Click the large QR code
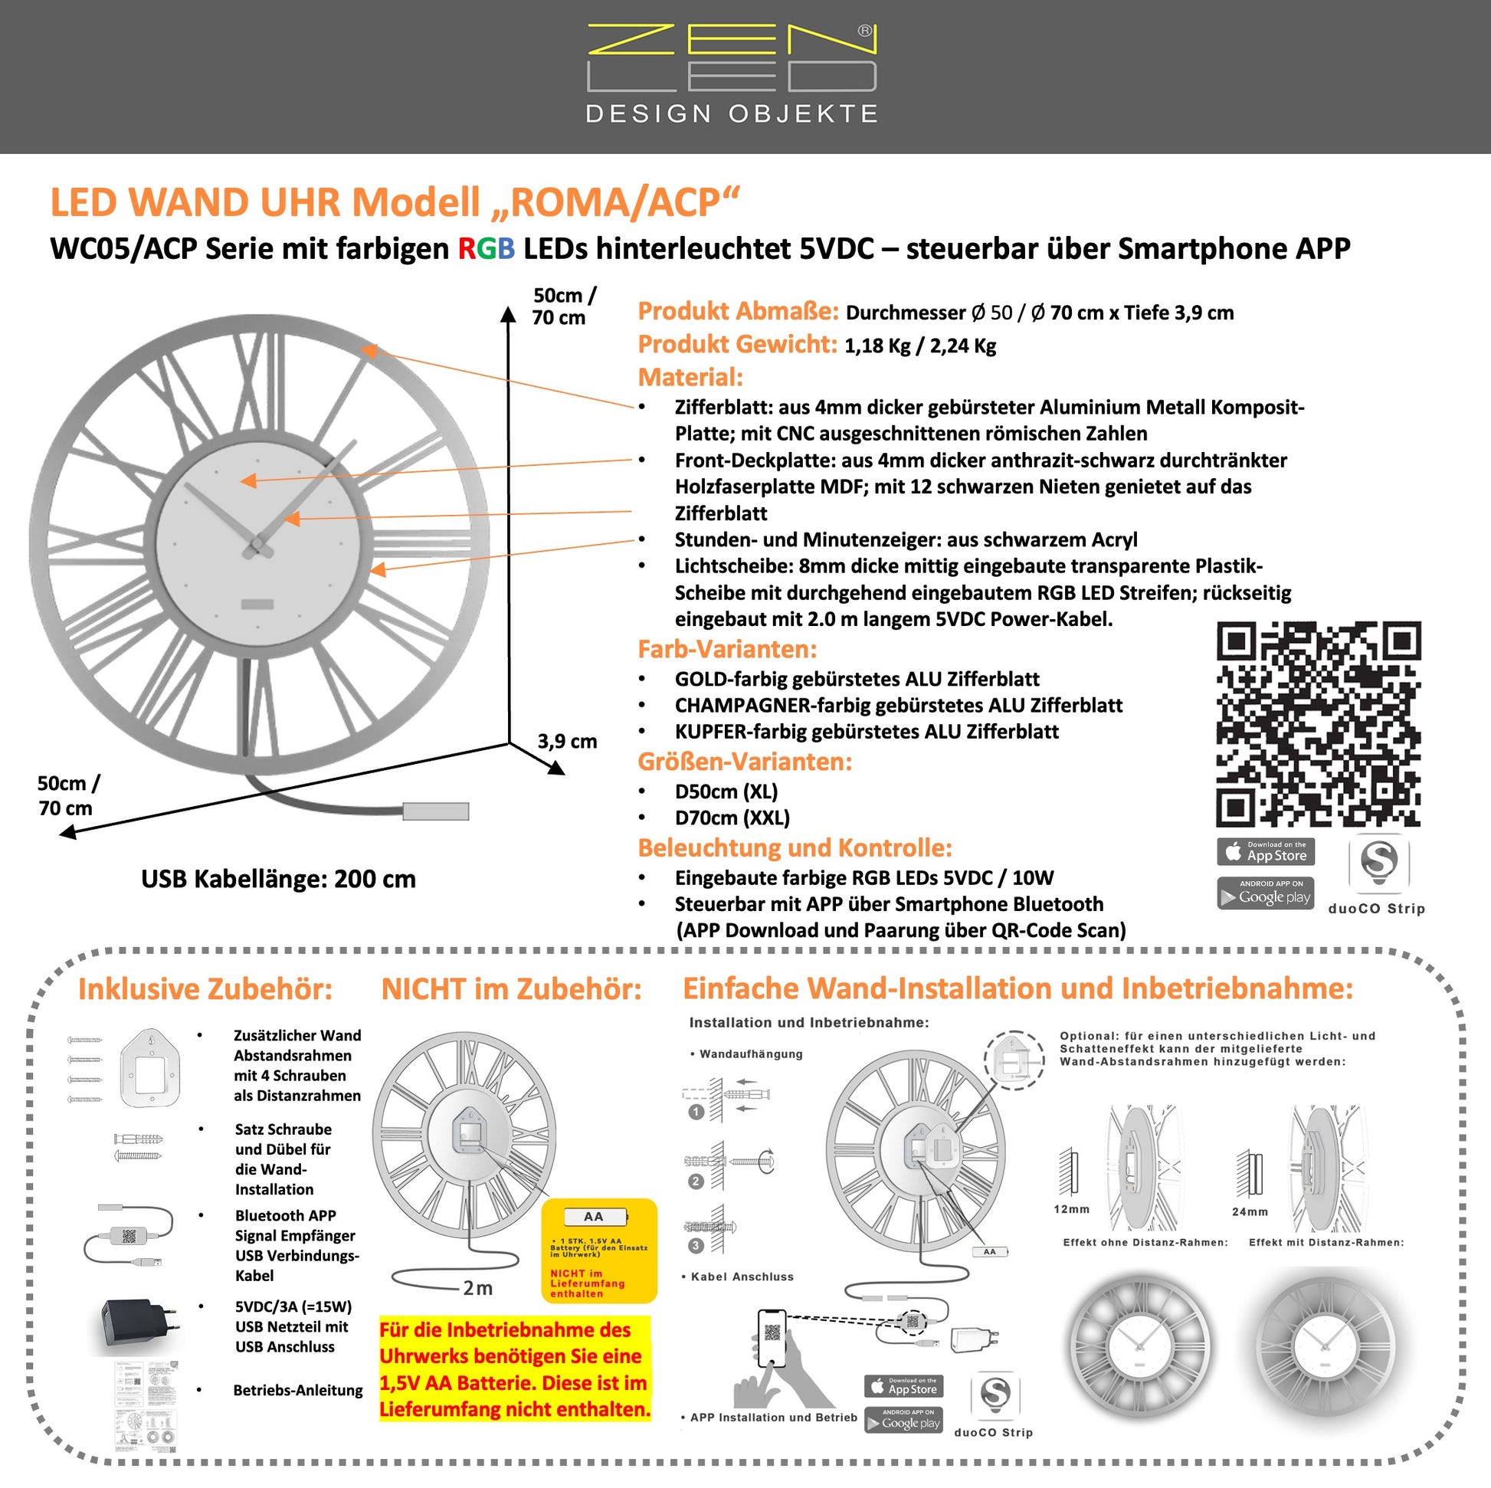1318,724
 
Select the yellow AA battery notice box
599,1250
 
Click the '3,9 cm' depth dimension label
567,742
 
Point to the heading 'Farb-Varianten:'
727,650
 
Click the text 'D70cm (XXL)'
732,818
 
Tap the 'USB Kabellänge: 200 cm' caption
278,879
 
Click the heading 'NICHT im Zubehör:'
511,989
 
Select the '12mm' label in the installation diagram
1071,1209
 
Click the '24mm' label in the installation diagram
1250,1212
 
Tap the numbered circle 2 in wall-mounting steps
696,1182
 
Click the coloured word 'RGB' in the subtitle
487,249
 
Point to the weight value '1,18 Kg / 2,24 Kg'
920,346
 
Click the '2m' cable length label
477,1288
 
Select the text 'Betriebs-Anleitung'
298,1391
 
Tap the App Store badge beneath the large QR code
1266,852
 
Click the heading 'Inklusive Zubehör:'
205,989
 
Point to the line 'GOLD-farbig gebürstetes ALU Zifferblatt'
857,679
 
